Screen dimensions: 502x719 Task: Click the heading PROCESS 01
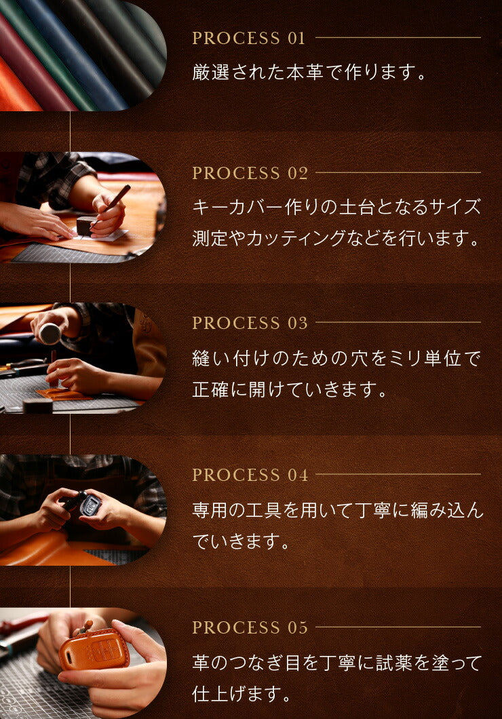(248, 38)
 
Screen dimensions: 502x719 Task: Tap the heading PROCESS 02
(250, 173)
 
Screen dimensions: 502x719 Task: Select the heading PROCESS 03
(250, 323)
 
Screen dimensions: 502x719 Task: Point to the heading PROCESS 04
(250, 475)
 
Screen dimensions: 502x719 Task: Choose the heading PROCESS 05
(250, 627)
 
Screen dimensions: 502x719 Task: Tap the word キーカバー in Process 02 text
(237, 208)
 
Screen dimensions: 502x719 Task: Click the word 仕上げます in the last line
(237, 694)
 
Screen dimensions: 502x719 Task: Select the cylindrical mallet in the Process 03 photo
(49, 334)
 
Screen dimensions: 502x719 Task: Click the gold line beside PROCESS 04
(398, 474)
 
